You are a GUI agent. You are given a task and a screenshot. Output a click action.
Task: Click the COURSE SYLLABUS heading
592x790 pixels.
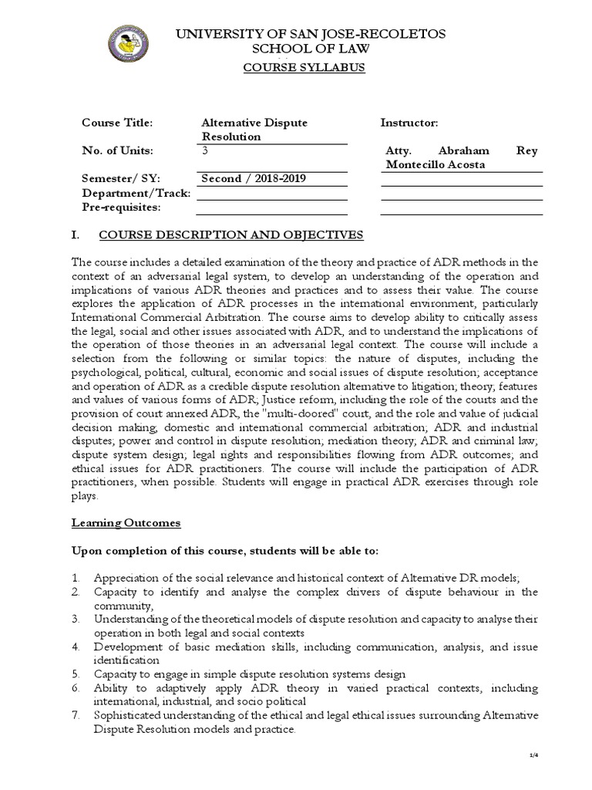pos(304,67)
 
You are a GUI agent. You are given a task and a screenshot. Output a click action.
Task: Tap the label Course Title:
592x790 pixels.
pos(118,123)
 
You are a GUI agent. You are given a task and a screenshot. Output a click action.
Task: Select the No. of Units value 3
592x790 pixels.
pos(204,150)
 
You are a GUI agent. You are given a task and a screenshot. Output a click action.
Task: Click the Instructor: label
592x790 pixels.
pos(409,123)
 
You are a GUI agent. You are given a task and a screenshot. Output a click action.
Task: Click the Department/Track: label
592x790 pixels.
pos(136,193)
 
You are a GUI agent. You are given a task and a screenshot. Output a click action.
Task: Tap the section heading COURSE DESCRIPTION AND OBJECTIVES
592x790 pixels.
pos(229,235)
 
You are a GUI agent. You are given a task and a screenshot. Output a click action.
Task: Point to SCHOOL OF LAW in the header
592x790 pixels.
pos(304,49)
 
